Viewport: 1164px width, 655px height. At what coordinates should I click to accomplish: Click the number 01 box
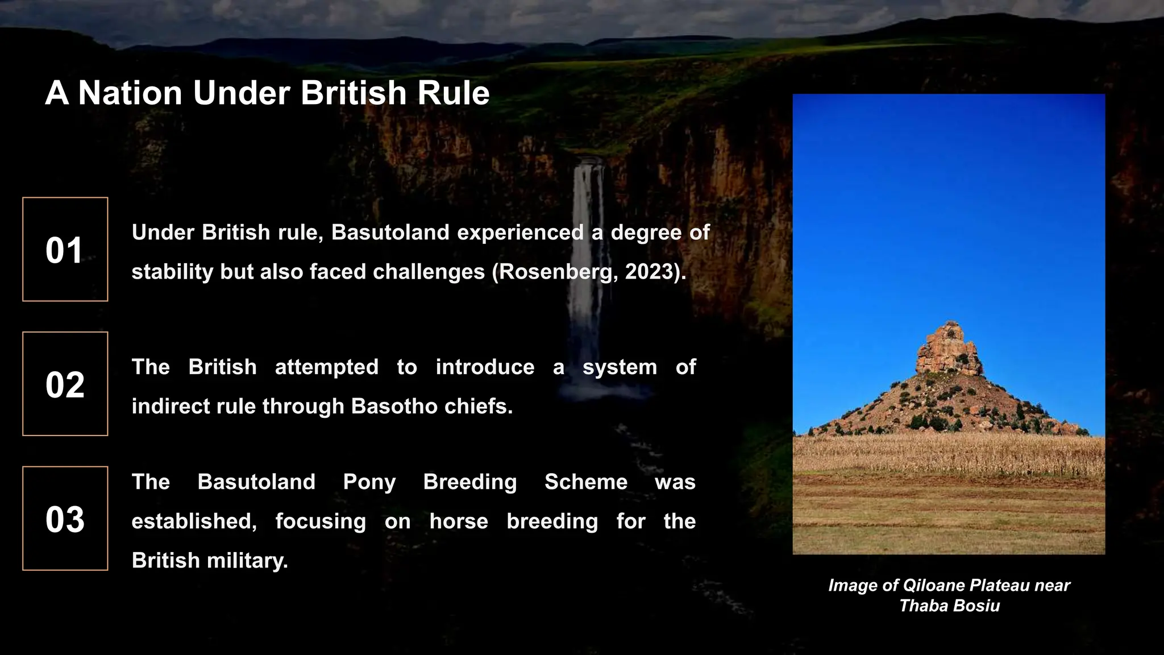(x=65, y=249)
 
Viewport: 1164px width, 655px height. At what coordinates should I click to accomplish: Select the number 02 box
(x=65, y=384)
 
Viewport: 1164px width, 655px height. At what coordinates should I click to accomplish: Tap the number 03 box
(x=65, y=519)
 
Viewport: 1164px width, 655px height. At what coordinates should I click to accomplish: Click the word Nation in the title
(x=130, y=93)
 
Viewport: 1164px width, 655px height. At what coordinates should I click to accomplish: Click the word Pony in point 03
(x=369, y=482)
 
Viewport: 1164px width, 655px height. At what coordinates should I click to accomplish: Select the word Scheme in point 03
(x=586, y=482)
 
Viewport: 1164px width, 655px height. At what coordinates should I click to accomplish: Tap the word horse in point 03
(x=459, y=521)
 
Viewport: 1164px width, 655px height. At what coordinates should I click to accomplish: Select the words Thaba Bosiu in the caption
(x=949, y=606)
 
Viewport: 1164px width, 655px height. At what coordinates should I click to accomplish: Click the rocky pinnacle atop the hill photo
(x=947, y=347)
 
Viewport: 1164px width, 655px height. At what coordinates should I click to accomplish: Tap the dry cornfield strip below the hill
(x=949, y=455)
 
